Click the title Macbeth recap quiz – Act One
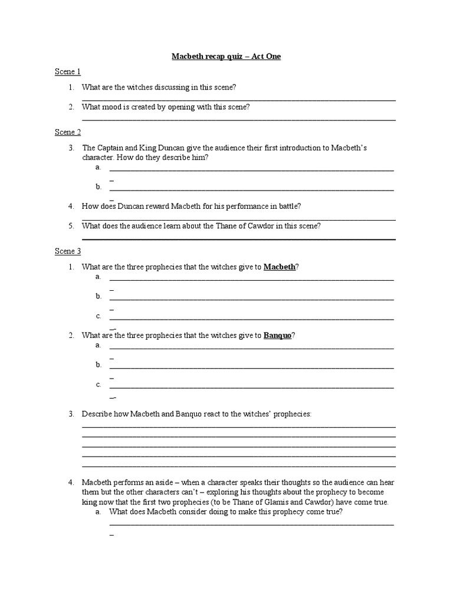pyautogui.click(x=226, y=57)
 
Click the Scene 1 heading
pyautogui.click(x=68, y=72)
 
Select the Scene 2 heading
pyautogui.click(x=68, y=132)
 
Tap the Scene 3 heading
pyautogui.click(x=68, y=251)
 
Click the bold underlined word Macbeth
pyautogui.click(x=279, y=267)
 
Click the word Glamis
pyautogui.click(x=296, y=503)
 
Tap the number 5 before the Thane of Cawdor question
pyautogui.click(x=71, y=226)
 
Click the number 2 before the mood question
pyautogui.click(x=71, y=107)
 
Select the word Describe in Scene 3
pyautogui.click(x=96, y=415)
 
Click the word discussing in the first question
pyautogui.click(x=164, y=87)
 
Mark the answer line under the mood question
pyautogui.click(x=238, y=120)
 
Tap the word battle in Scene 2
pyautogui.click(x=288, y=206)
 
